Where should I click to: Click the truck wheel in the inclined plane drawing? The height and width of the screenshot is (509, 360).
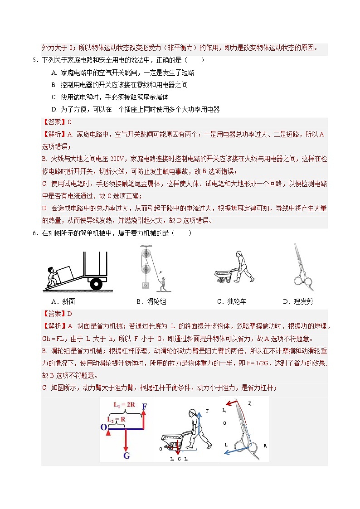96,284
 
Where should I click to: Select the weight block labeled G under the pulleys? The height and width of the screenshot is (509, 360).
146,285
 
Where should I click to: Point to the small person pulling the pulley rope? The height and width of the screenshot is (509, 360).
162,284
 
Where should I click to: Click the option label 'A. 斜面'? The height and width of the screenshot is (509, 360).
63,302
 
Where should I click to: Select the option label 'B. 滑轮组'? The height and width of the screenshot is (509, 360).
151,302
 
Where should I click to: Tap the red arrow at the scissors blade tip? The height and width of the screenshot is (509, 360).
234,402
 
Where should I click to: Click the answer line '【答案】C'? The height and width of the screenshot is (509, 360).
57,122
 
